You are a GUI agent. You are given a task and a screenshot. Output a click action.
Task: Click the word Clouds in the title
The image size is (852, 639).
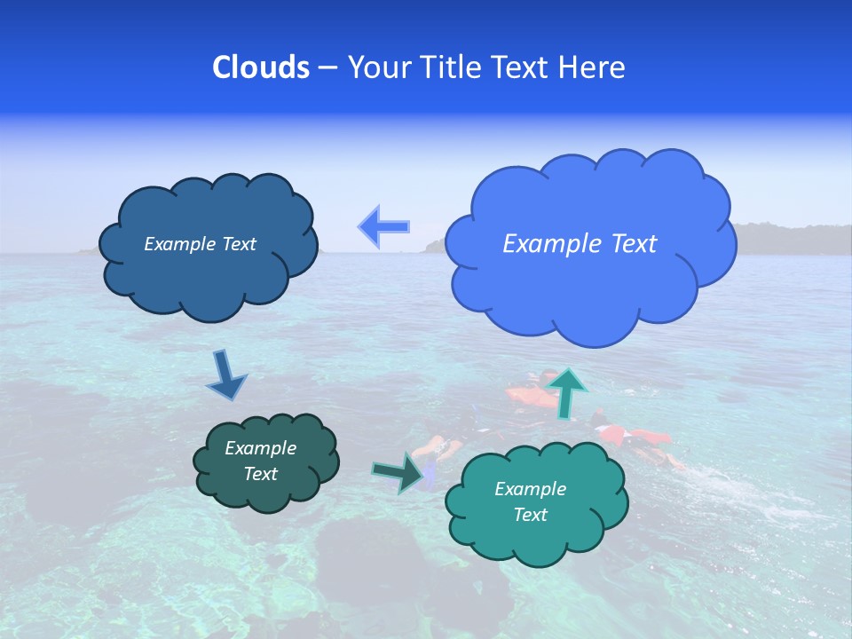(x=260, y=67)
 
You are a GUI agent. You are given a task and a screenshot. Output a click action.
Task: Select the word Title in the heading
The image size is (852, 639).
(x=451, y=67)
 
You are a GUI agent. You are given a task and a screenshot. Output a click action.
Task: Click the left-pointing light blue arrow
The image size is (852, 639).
(x=384, y=227)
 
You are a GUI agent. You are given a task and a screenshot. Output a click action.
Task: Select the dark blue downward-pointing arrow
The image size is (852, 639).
(x=225, y=375)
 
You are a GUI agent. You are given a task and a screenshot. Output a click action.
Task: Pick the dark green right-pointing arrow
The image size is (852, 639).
(x=398, y=472)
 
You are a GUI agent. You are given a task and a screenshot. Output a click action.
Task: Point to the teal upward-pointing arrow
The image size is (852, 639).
(x=568, y=392)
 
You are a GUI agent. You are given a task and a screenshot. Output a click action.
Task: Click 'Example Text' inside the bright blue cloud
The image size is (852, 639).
(x=580, y=244)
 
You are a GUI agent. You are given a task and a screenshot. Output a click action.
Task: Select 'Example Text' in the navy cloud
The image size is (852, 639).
(x=200, y=244)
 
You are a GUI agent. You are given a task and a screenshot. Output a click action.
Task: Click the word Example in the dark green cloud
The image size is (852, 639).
(x=260, y=448)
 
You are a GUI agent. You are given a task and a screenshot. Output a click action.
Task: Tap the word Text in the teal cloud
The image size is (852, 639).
(x=530, y=515)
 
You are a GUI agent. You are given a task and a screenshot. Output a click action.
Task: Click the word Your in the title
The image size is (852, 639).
(x=377, y=67)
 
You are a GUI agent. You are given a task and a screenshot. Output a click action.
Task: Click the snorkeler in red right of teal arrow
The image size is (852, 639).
(x=635, y=437)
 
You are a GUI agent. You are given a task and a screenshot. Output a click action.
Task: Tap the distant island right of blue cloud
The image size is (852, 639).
(x=781, y=238)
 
